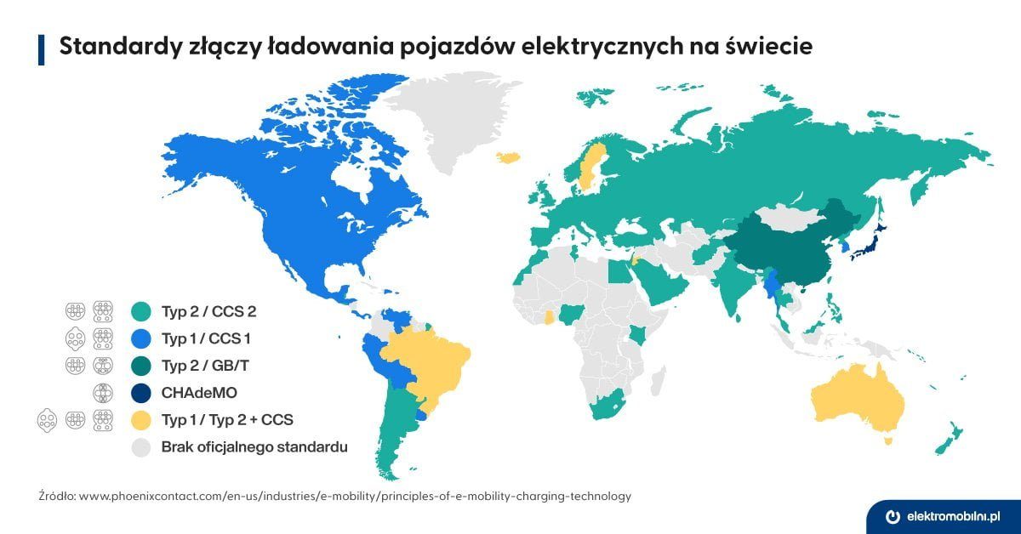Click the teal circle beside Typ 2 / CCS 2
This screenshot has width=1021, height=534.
pyautogui.click(x=142, y=311)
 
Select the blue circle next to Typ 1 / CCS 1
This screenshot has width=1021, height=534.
pyautogui.click(x=142, y=338)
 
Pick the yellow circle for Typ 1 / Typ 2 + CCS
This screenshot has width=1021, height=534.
pyautogui.click(x=142, y=419)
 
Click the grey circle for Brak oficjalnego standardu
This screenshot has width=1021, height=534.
pyautogui.click(x=142, y=446)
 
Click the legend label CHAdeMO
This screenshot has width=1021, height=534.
pyautogui.click(x=197, y=392)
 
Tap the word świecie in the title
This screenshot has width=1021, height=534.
pyautogui.click(x=770, y=48)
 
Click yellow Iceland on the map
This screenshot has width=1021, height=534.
pyautogui.click(x=509, y=156)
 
